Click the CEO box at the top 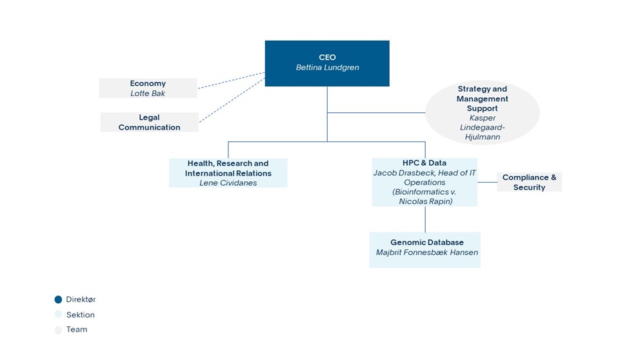pyautogui.click(x=327, y=63)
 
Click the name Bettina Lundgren pyautogui.click(x=327, y=67)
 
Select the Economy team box pyautogui.click(x=148, y=88)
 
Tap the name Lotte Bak pyautogui.click(x=148, y=94)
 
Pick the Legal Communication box pyautogui.click(x=150, y=122)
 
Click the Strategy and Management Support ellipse pyautogui.click(x=483, y=112)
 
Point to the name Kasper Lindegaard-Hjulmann pyautogui.click(x=483, y=127)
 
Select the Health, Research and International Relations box pyautogui.click(x=228, y=173)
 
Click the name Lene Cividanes pyautogui.click(x=228, y=183)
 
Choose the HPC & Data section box pyautogui.click(x=425, y=182)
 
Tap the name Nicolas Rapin pyautogui.click(x=426, y=201)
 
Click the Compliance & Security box pyautogui.click(x=530, y=182)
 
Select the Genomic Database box pyautogui.click(x=425, y=250)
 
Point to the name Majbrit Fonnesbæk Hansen pyautogui.click(x=427, y=253)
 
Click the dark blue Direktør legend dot pyautogui.click(x=58, y=299)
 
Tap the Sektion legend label pyautogui.click(x=81, y=315)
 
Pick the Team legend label pyautogui.click(x=77, y=330)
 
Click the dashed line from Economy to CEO pyautogui.click(x=232, y=81)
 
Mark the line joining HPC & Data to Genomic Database pyautogui.click(x=425, y=219)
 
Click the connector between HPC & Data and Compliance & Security pyautogui.click(x=487, y=182)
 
